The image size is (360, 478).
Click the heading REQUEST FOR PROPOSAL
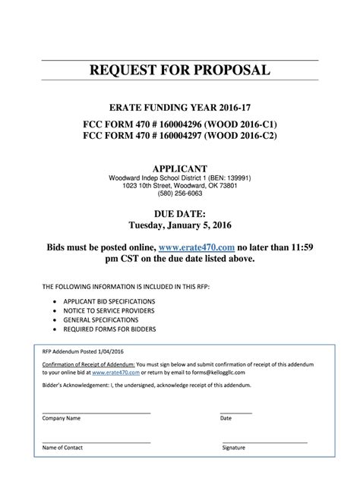pyautogui.click(x=180, y=71)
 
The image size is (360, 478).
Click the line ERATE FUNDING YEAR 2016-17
pyautogui.click(x=180, y=108)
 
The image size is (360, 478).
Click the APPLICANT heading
pyautogui.click(x=180, y=168)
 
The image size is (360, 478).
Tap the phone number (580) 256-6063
pyautogui.click(x=180, y=194)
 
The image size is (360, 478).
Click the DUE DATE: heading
pyautogui.click(x=180, y=215)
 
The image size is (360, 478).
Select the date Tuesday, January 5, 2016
pyautogui.click(x=180, y=226)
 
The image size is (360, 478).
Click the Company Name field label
pyautogui.click(x=62, y=418)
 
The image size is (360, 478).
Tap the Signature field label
pyautogui.click(x=234, y=448)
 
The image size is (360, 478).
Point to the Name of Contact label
pyautogui.click(x=63, y=448)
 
